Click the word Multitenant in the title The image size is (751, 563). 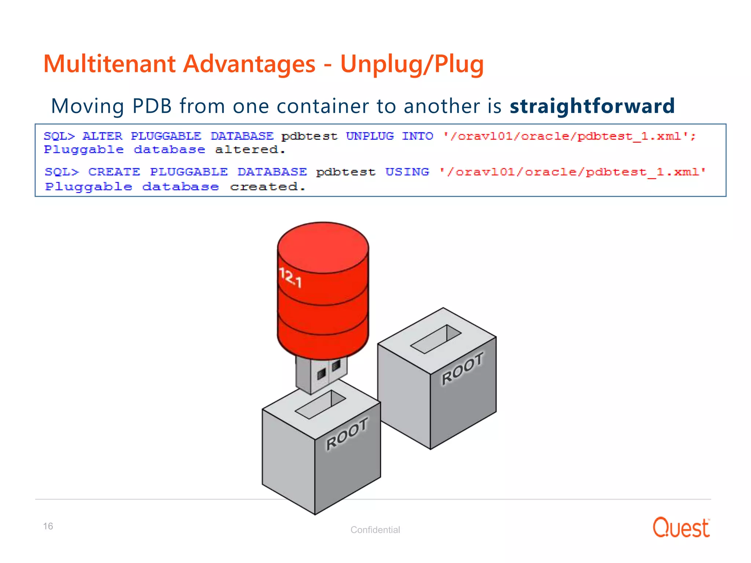pyautogui.click(x=109, y=64)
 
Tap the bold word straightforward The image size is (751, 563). pyautogui.click(x=592, y=106)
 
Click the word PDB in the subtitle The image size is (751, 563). pyautogui.click(x=152, y=106)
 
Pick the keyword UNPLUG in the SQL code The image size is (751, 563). pyautogui.click(x=370, y=136)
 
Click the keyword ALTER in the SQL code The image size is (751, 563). pyautogui.click(x=102, y=136)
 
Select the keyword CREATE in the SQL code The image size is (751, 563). pyautogui.click(x=114, y=172)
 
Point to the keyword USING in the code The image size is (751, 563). pyautogui.click(x=407, y=172)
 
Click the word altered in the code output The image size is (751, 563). pyautogui.click(x=250, y=150)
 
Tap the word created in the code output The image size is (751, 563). pyautogui.click(x=267, y=187)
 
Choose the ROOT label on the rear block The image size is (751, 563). pyautogui.click(x=462, y=368)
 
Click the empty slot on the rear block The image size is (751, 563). pyautogui.click(x=435, y=339)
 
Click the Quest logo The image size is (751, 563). pyautogui.click(x=681, y=528)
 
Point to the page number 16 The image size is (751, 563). pyautogui.click(x=48, y=526)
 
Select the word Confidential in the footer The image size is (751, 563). pyautogui.click(x=375, y=530)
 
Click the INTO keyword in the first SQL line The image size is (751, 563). pyautogui.click(x=417, y=136)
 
